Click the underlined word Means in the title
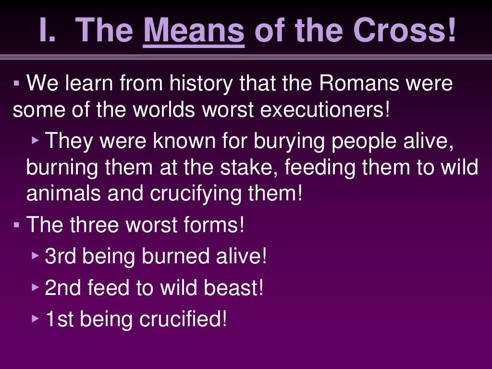[x=194, y=30]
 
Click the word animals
[x=62, y=194]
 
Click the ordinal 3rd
[x=61, y=257]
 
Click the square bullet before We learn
[x=17, y=84]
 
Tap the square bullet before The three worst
[x=17, y=225]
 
